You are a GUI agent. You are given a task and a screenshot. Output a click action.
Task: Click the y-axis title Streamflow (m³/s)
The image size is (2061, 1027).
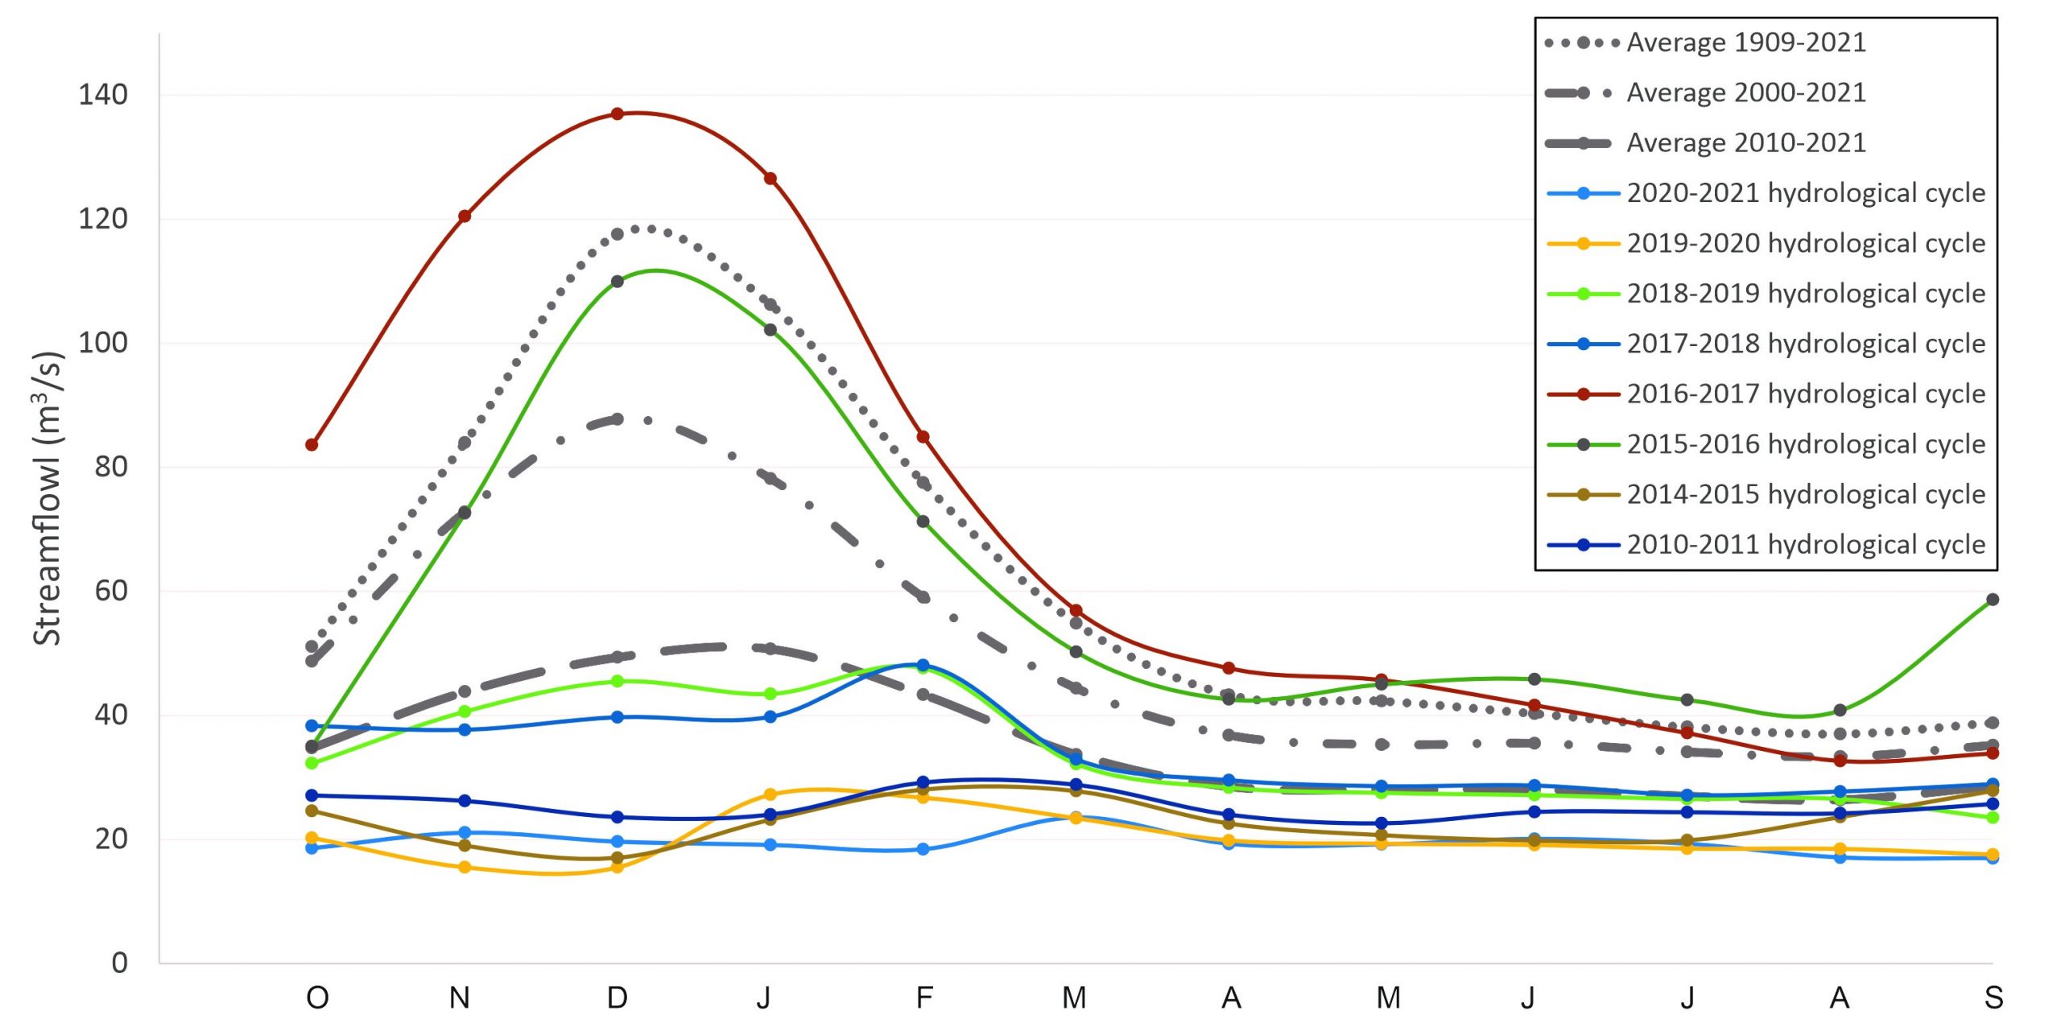point(47,499)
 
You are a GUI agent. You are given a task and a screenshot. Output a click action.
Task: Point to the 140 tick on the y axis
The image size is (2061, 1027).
point(103,95)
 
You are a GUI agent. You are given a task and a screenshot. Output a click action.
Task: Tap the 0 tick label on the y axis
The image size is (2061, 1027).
point(119,963)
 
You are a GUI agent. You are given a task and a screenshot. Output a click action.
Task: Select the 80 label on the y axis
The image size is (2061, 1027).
point(111,467)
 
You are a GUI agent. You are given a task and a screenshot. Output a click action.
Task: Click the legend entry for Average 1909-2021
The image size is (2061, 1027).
point(1745,43)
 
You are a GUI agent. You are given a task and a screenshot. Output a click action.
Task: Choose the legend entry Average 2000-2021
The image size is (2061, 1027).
point(1745,93)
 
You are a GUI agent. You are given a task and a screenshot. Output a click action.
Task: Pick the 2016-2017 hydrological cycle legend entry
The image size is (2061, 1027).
point(1806,394)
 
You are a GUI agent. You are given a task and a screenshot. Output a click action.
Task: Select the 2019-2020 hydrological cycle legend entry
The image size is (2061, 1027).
point(1806,244)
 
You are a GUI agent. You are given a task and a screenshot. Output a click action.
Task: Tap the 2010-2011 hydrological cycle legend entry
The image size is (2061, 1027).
point(1806,545)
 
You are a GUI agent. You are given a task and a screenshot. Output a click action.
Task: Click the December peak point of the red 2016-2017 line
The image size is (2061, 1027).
point(617,114)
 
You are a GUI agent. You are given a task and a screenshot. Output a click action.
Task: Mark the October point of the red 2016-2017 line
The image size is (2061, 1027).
point(312,445)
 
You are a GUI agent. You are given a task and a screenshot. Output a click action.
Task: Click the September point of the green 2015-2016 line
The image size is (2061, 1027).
point(1993,600)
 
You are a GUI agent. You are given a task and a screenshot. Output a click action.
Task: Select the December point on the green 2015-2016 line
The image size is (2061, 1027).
point(617,282)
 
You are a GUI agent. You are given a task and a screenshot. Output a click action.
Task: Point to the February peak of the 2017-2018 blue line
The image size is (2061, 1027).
point(923,666)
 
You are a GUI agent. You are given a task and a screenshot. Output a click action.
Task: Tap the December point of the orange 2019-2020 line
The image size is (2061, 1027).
point(617,868)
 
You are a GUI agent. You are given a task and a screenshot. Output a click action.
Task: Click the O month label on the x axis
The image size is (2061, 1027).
point(317,998)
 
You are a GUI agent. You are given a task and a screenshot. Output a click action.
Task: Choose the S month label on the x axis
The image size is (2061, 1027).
point(1993,998)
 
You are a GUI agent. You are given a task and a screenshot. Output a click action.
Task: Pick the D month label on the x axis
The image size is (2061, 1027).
point(617,998)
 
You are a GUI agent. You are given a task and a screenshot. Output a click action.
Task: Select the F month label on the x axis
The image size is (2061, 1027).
point(924,998)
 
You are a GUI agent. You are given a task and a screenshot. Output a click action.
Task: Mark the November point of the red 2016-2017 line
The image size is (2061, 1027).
point(465,217)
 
